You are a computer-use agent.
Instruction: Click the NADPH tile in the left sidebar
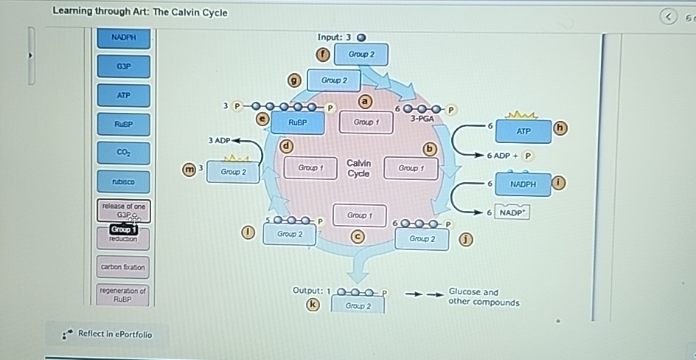123,37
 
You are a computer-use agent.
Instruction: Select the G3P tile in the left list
123,66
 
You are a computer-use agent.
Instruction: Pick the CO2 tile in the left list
123,153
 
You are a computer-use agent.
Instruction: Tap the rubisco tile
123,181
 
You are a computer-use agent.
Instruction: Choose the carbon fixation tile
123,267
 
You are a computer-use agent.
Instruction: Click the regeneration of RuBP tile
123,295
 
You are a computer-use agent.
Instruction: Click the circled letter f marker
321,54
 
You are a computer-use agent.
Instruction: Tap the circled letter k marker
313,304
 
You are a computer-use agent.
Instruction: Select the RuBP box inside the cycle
297,122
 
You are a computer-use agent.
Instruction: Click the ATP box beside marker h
523,131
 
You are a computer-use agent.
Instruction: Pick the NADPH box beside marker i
523,184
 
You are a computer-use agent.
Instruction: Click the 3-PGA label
422,118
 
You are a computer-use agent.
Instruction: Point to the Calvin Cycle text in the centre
358,168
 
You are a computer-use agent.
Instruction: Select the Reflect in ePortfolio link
114,334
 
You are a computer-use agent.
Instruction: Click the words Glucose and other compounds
483,297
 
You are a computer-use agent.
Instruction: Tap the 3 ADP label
219,140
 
